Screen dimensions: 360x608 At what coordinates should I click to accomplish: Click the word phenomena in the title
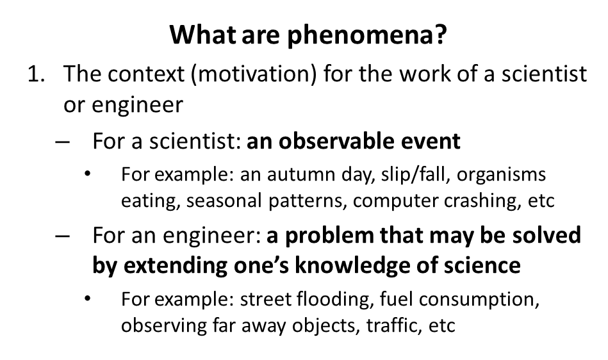tap(366, 35)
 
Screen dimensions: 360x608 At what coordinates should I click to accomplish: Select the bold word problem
tap(334, 236)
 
